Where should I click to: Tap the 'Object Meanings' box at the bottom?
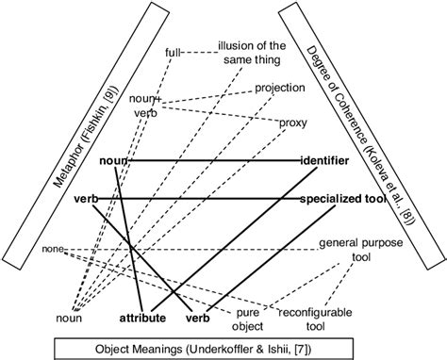pyautogui.click(x=223, y=347)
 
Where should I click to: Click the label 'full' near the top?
pyautogui.click(x=174, y=53)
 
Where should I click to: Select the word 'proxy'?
pyautogui.click(x=291, y=123)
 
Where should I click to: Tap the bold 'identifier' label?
pyautogui.click(x=324, y=161)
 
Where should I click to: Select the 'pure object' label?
pyautogui.click(x=248, y=319)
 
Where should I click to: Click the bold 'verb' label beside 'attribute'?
pyautogui.click(x=196, y=318)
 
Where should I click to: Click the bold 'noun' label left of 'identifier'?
pyautogui.click(x=113, y=161)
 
